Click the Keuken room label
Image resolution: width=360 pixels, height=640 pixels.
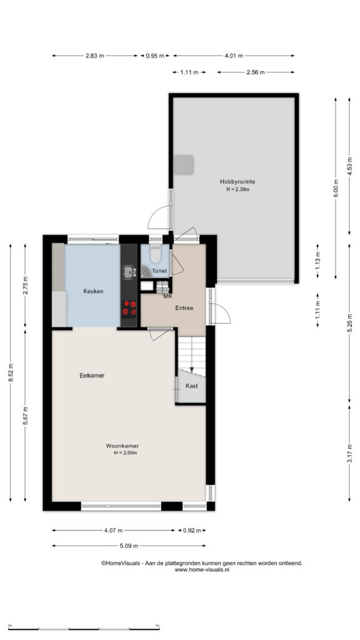point(93,291)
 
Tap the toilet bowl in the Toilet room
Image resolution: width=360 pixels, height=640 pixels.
point(155,254)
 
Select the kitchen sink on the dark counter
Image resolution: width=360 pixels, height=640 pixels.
point(129,272)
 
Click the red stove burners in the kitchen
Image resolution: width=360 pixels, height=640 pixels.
point(129,308)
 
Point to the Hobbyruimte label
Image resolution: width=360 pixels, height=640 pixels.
point(237,182)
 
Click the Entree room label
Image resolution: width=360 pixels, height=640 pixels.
point(184,308)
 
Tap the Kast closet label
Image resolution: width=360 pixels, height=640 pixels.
point(191,386)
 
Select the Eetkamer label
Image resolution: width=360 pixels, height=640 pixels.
point(92,376)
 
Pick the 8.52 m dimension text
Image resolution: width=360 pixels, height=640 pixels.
point(11,372)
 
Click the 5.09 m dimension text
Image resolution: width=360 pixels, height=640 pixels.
point(129,546)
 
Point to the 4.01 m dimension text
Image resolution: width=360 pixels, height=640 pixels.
point(234,56)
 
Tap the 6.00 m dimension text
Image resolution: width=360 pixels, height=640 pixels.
point(336,189)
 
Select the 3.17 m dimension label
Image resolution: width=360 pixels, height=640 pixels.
point(349,453)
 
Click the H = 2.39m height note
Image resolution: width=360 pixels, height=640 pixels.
point(237,189)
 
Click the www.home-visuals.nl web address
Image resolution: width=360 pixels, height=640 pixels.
point(202,570)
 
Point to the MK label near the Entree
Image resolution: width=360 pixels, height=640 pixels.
point(167,296)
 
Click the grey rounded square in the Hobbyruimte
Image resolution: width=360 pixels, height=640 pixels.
point(184,164)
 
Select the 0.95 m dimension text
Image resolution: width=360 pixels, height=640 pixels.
point(155,56)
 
